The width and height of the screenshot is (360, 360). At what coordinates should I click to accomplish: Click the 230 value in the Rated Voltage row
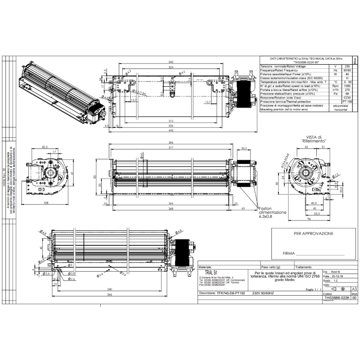click(347, 66)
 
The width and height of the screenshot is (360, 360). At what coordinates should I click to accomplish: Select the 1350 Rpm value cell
click(347, 86)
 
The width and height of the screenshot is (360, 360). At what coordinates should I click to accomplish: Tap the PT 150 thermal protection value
click(347, 102)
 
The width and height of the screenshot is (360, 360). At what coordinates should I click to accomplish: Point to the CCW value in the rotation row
click(347, 98)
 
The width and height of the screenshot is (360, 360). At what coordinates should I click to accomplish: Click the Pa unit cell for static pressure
click(335, 94)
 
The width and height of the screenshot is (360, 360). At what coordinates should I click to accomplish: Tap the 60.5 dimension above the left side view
click(45, 147)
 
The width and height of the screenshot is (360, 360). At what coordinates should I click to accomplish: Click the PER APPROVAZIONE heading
click(313, 234)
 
